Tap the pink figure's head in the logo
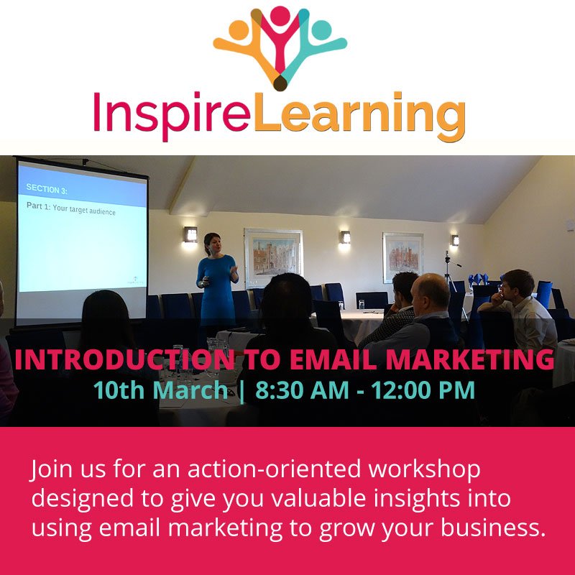pos(281,14)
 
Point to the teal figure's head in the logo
pos(321,30)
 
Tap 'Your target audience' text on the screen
pos(79,211)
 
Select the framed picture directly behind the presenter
pos(274,257)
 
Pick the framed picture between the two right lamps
pos(402,257)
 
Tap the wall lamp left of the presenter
pos(190,234)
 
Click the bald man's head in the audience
pos(431,290)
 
